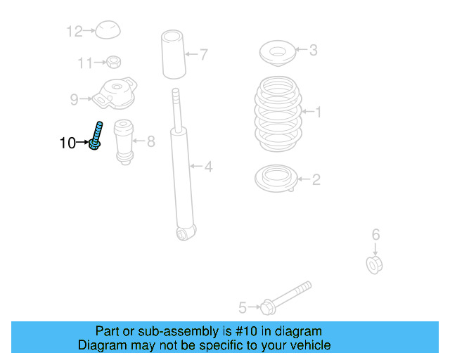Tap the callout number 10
click(x=67, y=143)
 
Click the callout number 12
click(x=75, y=31)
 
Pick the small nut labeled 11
click(x=112, y=63)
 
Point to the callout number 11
click(x=85, y=63)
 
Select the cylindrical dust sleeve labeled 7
click(x=173, y=53)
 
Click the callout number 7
click(x=204, y=53)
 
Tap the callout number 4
click(x=208, y=167)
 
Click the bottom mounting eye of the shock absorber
click(x=186, y=232)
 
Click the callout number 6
click(x=375, y=235)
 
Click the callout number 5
click(x=243, y=307)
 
